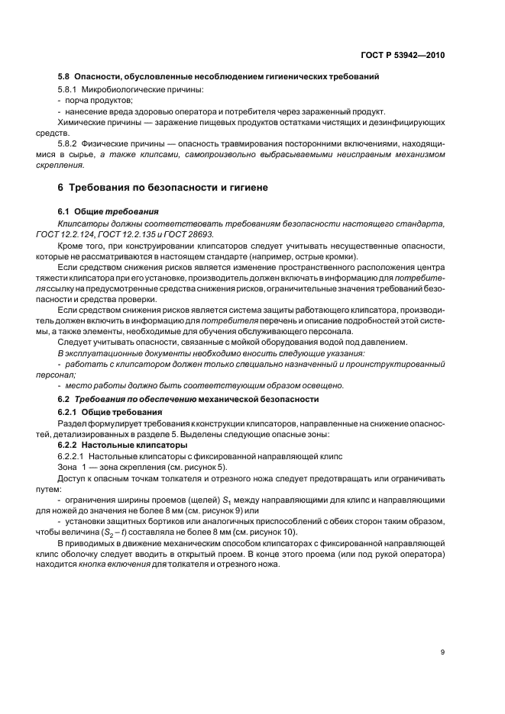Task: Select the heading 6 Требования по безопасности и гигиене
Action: click(158, 188)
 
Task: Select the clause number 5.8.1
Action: click(70, 91)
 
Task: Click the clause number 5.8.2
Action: click(70, 143)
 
